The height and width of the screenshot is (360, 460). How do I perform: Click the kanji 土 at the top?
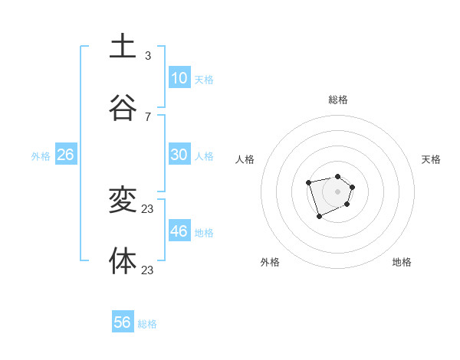[x=123, y=46]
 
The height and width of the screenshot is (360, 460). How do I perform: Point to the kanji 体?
[x=123, y=260]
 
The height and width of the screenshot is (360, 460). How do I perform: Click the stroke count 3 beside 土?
[x=147, y=56]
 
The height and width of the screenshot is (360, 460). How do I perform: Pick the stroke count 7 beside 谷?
[x=147, y=117]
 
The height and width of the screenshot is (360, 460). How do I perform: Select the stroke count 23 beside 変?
[x=148, y=208]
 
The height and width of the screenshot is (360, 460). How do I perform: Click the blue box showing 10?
[x=179, y=77]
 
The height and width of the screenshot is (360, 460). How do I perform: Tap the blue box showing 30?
[x=179, y=155]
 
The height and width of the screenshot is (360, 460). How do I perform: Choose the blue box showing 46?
[x=179, y=231]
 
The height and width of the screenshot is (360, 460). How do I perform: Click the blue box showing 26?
[x=65, y=155]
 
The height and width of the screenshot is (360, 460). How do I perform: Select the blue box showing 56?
[x=123, y=322]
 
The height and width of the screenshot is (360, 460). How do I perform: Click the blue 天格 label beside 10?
[x=204, y=79]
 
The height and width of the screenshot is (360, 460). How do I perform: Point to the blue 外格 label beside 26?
[x=41, y=156]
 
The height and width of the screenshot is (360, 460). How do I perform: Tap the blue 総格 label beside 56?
[x=147, y=324]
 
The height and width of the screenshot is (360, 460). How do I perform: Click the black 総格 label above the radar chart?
[x=338, y=100]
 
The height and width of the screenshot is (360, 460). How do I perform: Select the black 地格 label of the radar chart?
[x=402, y=262]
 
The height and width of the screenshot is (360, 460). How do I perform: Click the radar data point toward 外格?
[x=319, y=217]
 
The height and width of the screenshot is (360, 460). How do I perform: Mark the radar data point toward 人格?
[x=308, y=182]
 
